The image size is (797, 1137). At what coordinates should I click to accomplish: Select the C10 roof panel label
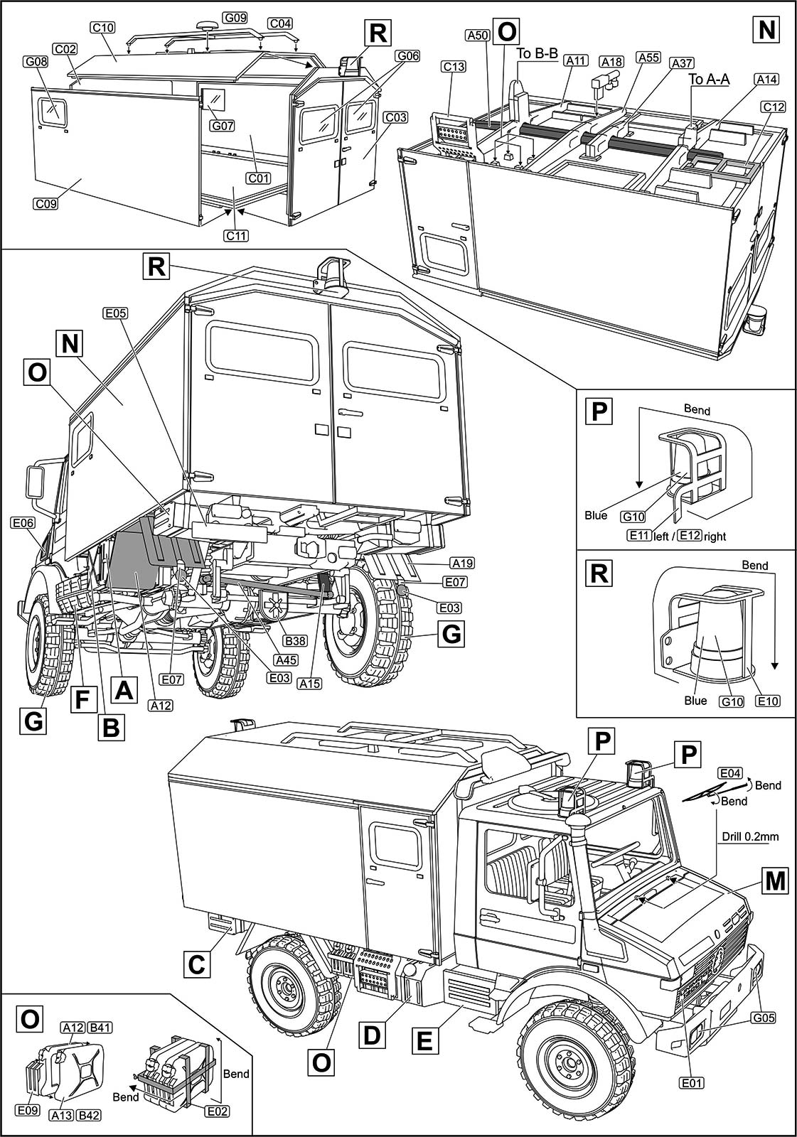[x=103, y=28]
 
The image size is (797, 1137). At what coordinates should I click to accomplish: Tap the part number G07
[x=223, y=126]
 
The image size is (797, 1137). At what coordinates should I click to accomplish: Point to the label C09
[x=46, y=204]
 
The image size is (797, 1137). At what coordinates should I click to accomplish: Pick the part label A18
[x=611, y=62]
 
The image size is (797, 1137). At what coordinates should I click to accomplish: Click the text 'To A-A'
[x=709, y=80]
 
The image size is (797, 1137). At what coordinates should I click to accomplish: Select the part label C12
[x=773, y=107]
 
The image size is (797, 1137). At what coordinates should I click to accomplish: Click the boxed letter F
[x=82, y=700]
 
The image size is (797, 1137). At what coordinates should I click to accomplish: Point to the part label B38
[x=295, y=641]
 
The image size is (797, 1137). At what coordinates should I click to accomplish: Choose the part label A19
[x=462, y=564]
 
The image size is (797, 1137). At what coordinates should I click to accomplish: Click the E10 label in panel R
[x=768, y=701]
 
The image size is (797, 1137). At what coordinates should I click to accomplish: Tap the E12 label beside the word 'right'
[x=689, y=536]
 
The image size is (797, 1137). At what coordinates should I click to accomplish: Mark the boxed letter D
[x=371, y=1035]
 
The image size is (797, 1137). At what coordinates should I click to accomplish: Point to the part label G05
[x=763, y=1018]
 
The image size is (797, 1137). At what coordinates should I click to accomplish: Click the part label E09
[x=28, y=1110]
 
